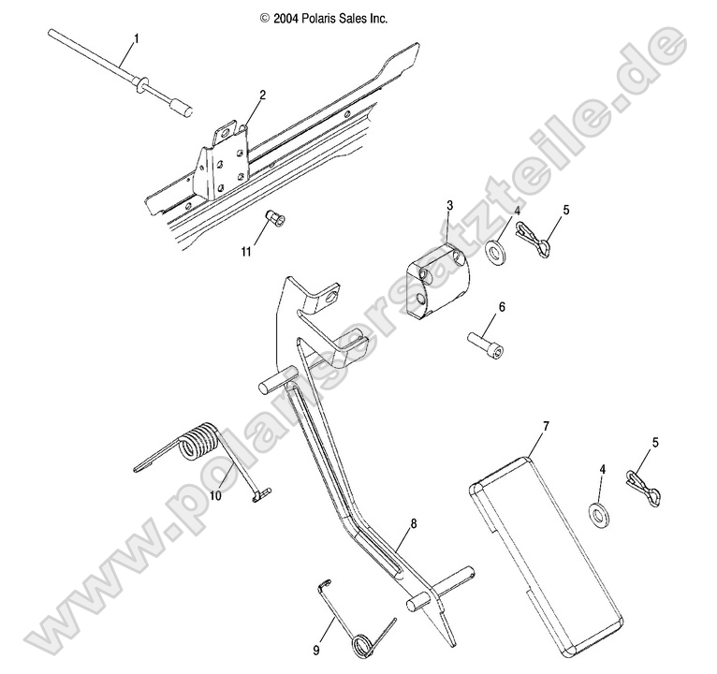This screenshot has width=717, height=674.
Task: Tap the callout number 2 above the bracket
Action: pos(262,95)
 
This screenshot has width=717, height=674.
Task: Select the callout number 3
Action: pos(450,205)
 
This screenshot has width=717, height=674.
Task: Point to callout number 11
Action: pos(246,252)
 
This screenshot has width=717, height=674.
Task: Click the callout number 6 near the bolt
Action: pos(502,307)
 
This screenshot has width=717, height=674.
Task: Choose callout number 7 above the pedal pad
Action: pos(546,426)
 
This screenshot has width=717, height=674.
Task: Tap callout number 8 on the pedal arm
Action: pos(414,524)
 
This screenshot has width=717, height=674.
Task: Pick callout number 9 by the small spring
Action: pos(316,650)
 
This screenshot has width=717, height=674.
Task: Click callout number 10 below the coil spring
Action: pos(215,495)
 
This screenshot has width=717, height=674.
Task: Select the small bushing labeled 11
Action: pos(275,218)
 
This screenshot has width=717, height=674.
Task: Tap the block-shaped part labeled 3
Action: pos(438,279)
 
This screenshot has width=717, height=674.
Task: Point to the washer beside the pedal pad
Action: pos(597,516)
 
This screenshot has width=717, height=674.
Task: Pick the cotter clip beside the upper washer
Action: pos(533,239)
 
